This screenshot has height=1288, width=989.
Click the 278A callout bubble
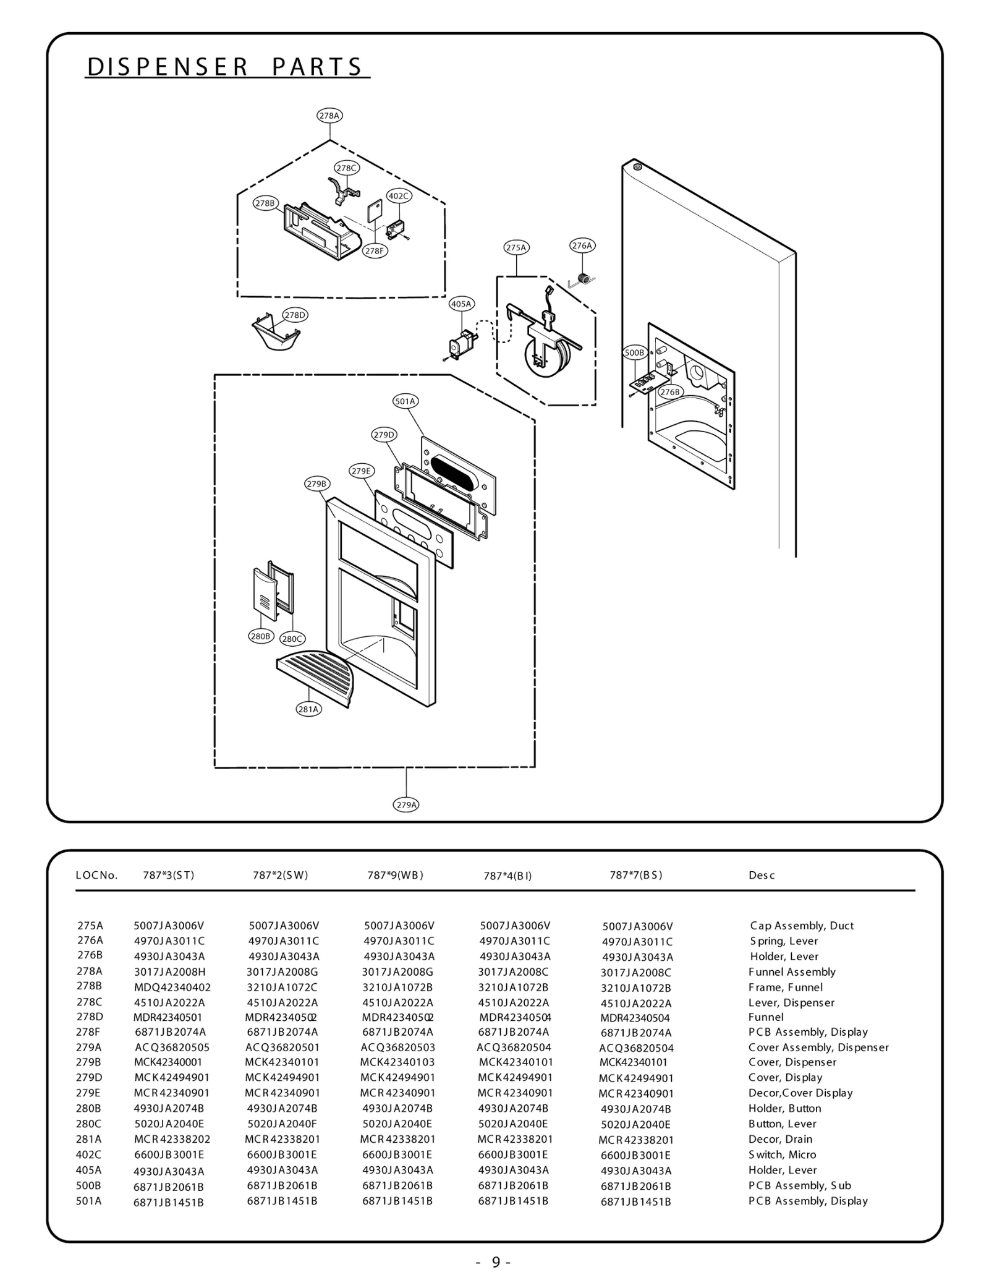point(329,116)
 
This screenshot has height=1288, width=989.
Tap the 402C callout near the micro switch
point(399,196)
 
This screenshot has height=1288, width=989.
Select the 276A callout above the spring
point(582,245)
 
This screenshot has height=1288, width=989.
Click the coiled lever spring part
point(582,279)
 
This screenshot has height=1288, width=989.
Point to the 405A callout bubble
point(461,304)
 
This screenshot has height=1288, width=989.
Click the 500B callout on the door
point(634,352)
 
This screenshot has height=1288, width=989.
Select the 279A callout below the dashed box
point(406,804)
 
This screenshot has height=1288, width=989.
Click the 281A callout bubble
point(308,709)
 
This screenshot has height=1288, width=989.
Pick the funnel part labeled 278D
point(274,335)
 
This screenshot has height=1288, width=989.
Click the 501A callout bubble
point(405,401)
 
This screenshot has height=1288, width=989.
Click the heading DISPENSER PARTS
point(225,67)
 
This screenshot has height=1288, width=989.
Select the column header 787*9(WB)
point(395,875)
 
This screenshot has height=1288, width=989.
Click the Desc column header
point(762,875)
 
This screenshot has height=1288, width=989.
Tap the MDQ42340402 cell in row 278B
point(172,987)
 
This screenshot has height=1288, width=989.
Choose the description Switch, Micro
point(782,1154)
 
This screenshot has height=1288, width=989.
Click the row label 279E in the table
point(89,1093)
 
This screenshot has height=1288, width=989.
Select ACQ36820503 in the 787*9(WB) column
point(397,1047)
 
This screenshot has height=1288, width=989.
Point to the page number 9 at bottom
point(495,1262)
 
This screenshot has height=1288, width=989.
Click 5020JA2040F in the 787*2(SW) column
point(282,1124)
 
